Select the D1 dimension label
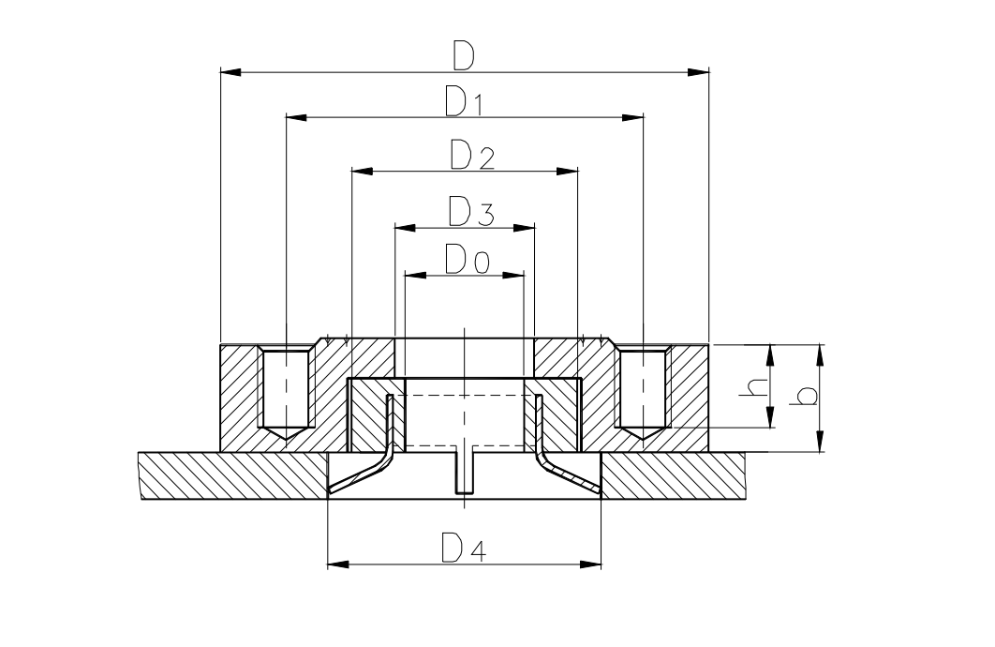(464, 101)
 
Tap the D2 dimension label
(470, 156)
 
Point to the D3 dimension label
(470, 212)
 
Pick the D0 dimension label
(466, 259)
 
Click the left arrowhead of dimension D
(230, 71)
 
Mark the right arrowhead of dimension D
(698, 71)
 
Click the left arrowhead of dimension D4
(338, 564)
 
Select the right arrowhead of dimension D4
(590, 564)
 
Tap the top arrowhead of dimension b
(821, 354)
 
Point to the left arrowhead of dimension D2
(362, 172)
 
